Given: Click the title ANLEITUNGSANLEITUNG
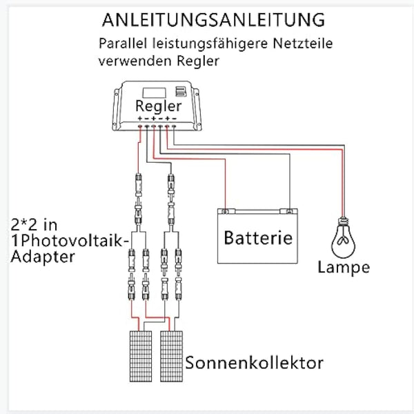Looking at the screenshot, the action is [213, 20].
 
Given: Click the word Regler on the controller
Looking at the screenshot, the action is [159, 106].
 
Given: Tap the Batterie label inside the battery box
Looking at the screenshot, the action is [258, 237].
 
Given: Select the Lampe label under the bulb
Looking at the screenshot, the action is [344, 268].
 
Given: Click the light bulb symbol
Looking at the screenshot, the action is [343, 237].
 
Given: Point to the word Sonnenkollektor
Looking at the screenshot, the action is [254, 363].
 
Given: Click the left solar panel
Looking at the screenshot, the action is [141, 356].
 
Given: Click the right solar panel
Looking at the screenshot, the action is [171, 356].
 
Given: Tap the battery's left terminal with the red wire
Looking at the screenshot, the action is [225, 211].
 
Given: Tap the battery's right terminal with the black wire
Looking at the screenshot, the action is [289, 211].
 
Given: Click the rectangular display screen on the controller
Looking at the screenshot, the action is [154, 92].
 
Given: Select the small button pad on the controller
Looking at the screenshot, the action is [181, 91].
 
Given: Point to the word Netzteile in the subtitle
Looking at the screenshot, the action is [303, 43].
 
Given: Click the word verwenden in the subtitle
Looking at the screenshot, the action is [135, 61].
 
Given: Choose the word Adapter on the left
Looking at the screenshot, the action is [43, 257].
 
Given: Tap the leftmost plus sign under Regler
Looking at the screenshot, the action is [140, 119].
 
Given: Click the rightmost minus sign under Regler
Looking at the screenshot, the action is [174, 119].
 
